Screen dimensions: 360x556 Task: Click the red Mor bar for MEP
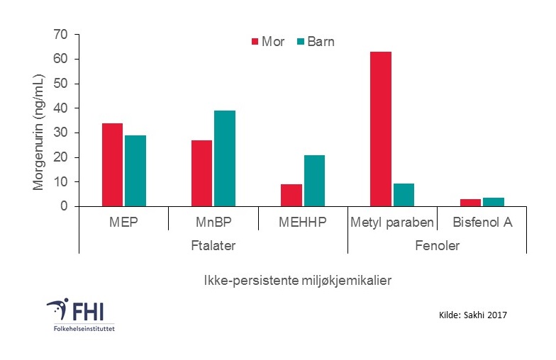[112, 164]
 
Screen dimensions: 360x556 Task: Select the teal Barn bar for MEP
[135, 171]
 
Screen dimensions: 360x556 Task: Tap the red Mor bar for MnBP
[201, 173]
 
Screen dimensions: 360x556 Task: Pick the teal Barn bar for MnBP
[224, 158]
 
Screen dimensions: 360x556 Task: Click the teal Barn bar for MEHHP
[313, 181]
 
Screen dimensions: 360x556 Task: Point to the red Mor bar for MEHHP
[291, 195]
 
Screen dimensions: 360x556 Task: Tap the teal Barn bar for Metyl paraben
[403, 195]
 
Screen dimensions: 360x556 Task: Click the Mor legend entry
[267, 42]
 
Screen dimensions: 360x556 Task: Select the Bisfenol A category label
[482, 223]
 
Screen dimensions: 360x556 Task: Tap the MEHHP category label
[302, 223]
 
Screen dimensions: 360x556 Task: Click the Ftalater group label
[213, 245]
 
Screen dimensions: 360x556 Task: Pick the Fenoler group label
[437, 245]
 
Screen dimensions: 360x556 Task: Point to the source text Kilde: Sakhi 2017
[474, 313]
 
